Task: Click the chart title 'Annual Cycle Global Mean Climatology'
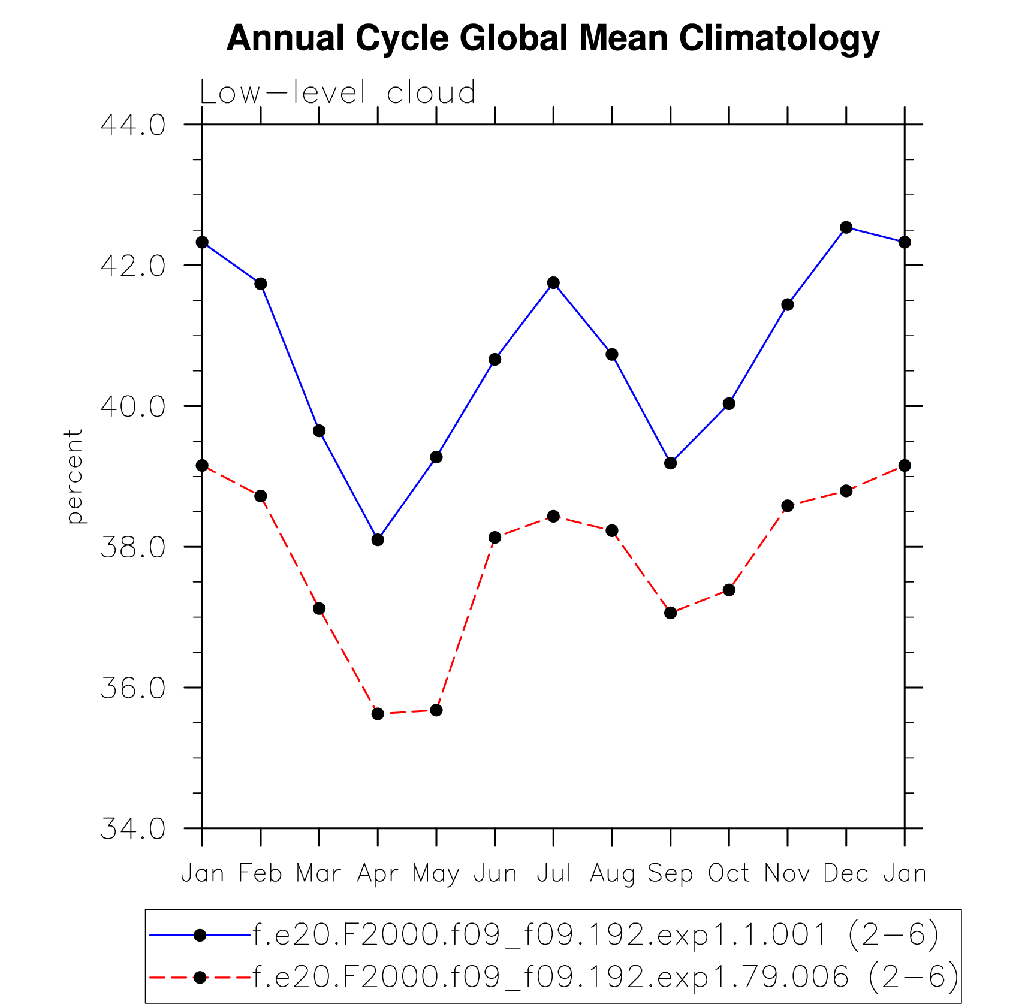[x=553, y=38]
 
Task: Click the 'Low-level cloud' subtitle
[x=337, y=93]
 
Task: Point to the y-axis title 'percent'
[x=74, y=477]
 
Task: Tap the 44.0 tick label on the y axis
[x=133, y=125]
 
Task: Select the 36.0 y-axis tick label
[x=133, y=688]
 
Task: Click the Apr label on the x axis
[x=377, y=874]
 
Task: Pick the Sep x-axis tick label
[x=670, y=874]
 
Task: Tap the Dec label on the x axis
[x=846, y=874]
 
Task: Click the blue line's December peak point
[x=846, y=227]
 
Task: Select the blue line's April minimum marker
[x=378, y=539]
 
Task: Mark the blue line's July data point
[x=553, y=282]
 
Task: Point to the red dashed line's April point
[x=378, y=714]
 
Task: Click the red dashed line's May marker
[x=436, y=710]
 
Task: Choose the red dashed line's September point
[x=670, y=613]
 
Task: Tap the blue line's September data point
[x=670, y=463]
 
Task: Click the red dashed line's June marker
[x=495, y=537]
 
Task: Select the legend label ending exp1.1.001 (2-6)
[x=596, y=935]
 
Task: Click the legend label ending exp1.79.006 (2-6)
[x=605, y=977]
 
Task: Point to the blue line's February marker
[x=261, y=284]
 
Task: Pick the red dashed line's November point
[x=788, y=506]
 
